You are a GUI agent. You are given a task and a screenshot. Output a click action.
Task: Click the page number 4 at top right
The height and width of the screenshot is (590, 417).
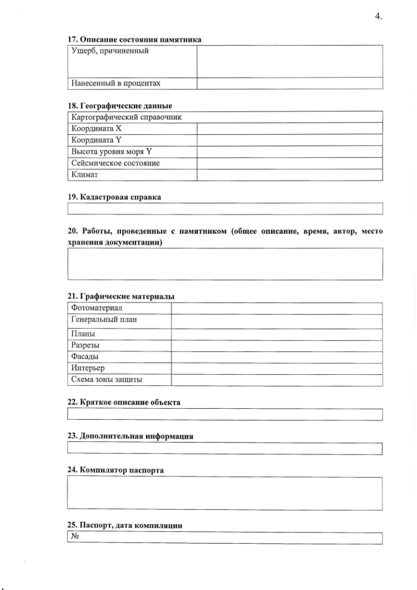(378, 16)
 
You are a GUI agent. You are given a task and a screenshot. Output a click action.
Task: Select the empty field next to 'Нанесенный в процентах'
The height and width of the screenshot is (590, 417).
(289, 83)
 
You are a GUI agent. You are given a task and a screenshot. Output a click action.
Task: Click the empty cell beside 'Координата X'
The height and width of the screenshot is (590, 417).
(289, 128)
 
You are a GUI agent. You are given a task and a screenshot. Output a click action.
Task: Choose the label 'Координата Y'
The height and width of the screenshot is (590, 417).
(96, 140)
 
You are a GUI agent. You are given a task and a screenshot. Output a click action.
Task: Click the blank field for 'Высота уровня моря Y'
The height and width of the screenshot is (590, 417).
(289, 151)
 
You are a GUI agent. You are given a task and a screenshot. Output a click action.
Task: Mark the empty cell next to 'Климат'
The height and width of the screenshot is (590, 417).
(289, 174)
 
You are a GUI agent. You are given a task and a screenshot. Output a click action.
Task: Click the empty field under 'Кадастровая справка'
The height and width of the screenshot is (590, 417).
(225, 209)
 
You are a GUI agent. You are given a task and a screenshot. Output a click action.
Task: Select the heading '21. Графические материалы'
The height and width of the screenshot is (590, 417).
(121, 296)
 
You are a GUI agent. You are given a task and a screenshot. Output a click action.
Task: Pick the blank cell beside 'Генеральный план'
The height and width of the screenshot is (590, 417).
(276, 320)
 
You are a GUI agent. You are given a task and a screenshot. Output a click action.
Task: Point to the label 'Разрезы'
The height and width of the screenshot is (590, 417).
(85, 345)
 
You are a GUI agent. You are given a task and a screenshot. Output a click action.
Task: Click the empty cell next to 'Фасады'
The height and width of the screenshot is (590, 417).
(276, 357)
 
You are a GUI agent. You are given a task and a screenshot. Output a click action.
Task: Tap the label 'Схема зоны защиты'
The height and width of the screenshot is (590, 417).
(107, 379)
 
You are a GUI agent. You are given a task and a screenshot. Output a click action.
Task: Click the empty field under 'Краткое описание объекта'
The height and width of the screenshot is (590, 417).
(225, 415)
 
